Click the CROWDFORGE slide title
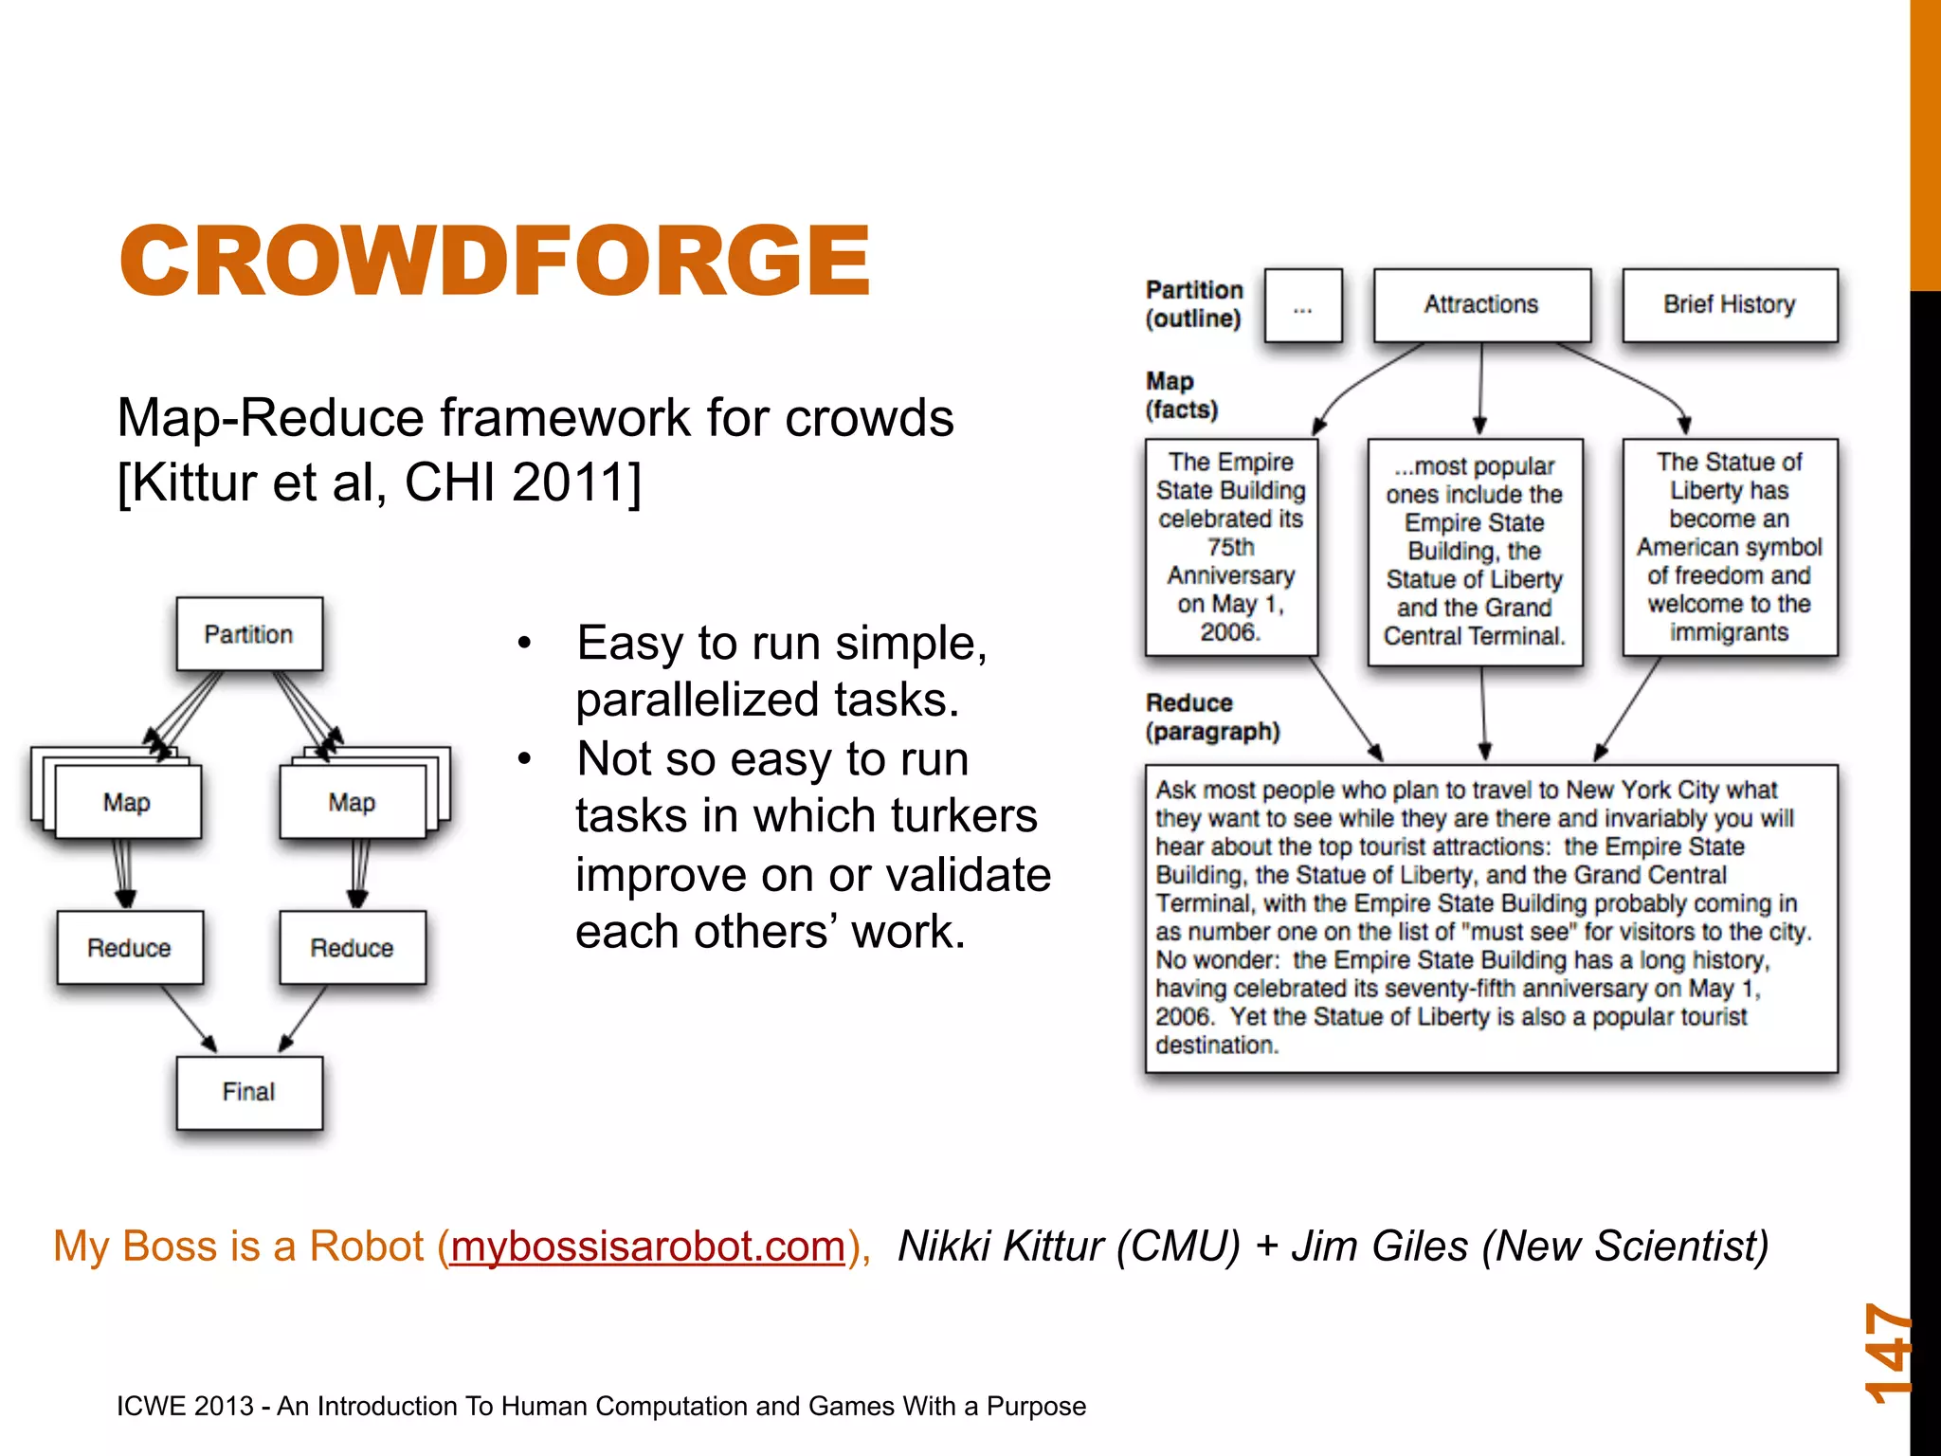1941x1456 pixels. [x=494, y=261]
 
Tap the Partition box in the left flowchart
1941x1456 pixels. [x=249, y=634]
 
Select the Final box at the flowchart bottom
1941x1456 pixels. [x=249, y=1092]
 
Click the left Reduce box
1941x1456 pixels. [x=130, y=948]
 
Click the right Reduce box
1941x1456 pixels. [x=353, y=948]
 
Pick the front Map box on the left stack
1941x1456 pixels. [x=128, y=803]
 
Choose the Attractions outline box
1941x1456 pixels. [x=1481, y=304]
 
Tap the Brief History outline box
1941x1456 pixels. [x=1730, y=304]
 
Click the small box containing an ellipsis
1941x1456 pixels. [x=1303, y=305]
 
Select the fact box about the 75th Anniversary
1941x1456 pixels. [x=1231, y=547]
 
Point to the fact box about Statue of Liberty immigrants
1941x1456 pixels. [x=1730, y=547]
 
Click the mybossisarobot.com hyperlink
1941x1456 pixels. [x=647, y=1247]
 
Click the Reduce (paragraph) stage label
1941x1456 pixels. [x=1212, y=718]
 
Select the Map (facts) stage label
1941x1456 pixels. [x=1181, y=395]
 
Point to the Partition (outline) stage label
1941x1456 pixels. [x=1193, y=304]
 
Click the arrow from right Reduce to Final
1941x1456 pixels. [x=303, y=1019]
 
